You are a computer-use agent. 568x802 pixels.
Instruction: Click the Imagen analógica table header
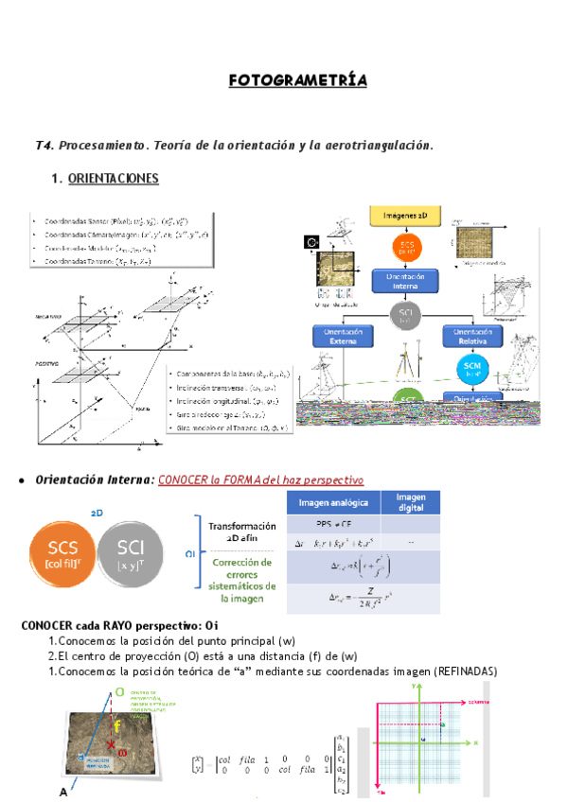[x=334, y=501]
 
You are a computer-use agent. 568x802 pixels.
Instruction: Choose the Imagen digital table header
[x=410, y=501]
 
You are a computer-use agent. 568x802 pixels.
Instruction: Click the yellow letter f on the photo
[x=116, y=726]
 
